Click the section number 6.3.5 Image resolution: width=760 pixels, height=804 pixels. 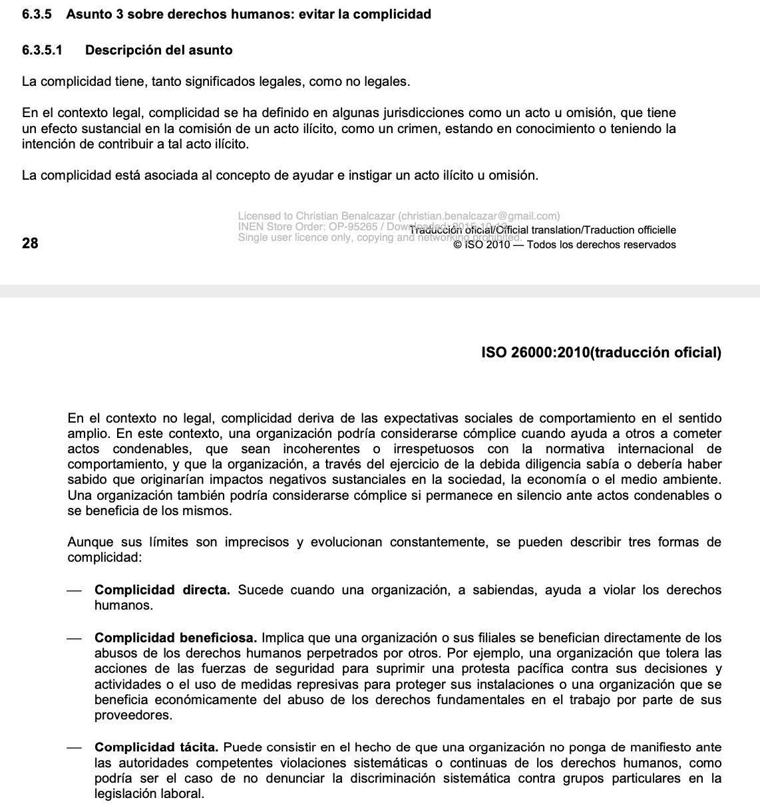37,14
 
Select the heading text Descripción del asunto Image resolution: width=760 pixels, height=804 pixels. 159,50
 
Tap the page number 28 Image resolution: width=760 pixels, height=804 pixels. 30,243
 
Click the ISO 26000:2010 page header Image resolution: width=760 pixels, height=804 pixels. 601,353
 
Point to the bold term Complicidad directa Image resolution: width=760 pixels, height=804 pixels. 162,590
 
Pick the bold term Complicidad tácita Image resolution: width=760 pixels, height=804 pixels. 156,747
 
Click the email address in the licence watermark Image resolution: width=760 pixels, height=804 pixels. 479,216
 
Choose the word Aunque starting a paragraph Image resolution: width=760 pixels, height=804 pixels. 91,542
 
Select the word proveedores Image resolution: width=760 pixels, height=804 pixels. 133,715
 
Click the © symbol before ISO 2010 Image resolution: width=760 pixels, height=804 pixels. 457,245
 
